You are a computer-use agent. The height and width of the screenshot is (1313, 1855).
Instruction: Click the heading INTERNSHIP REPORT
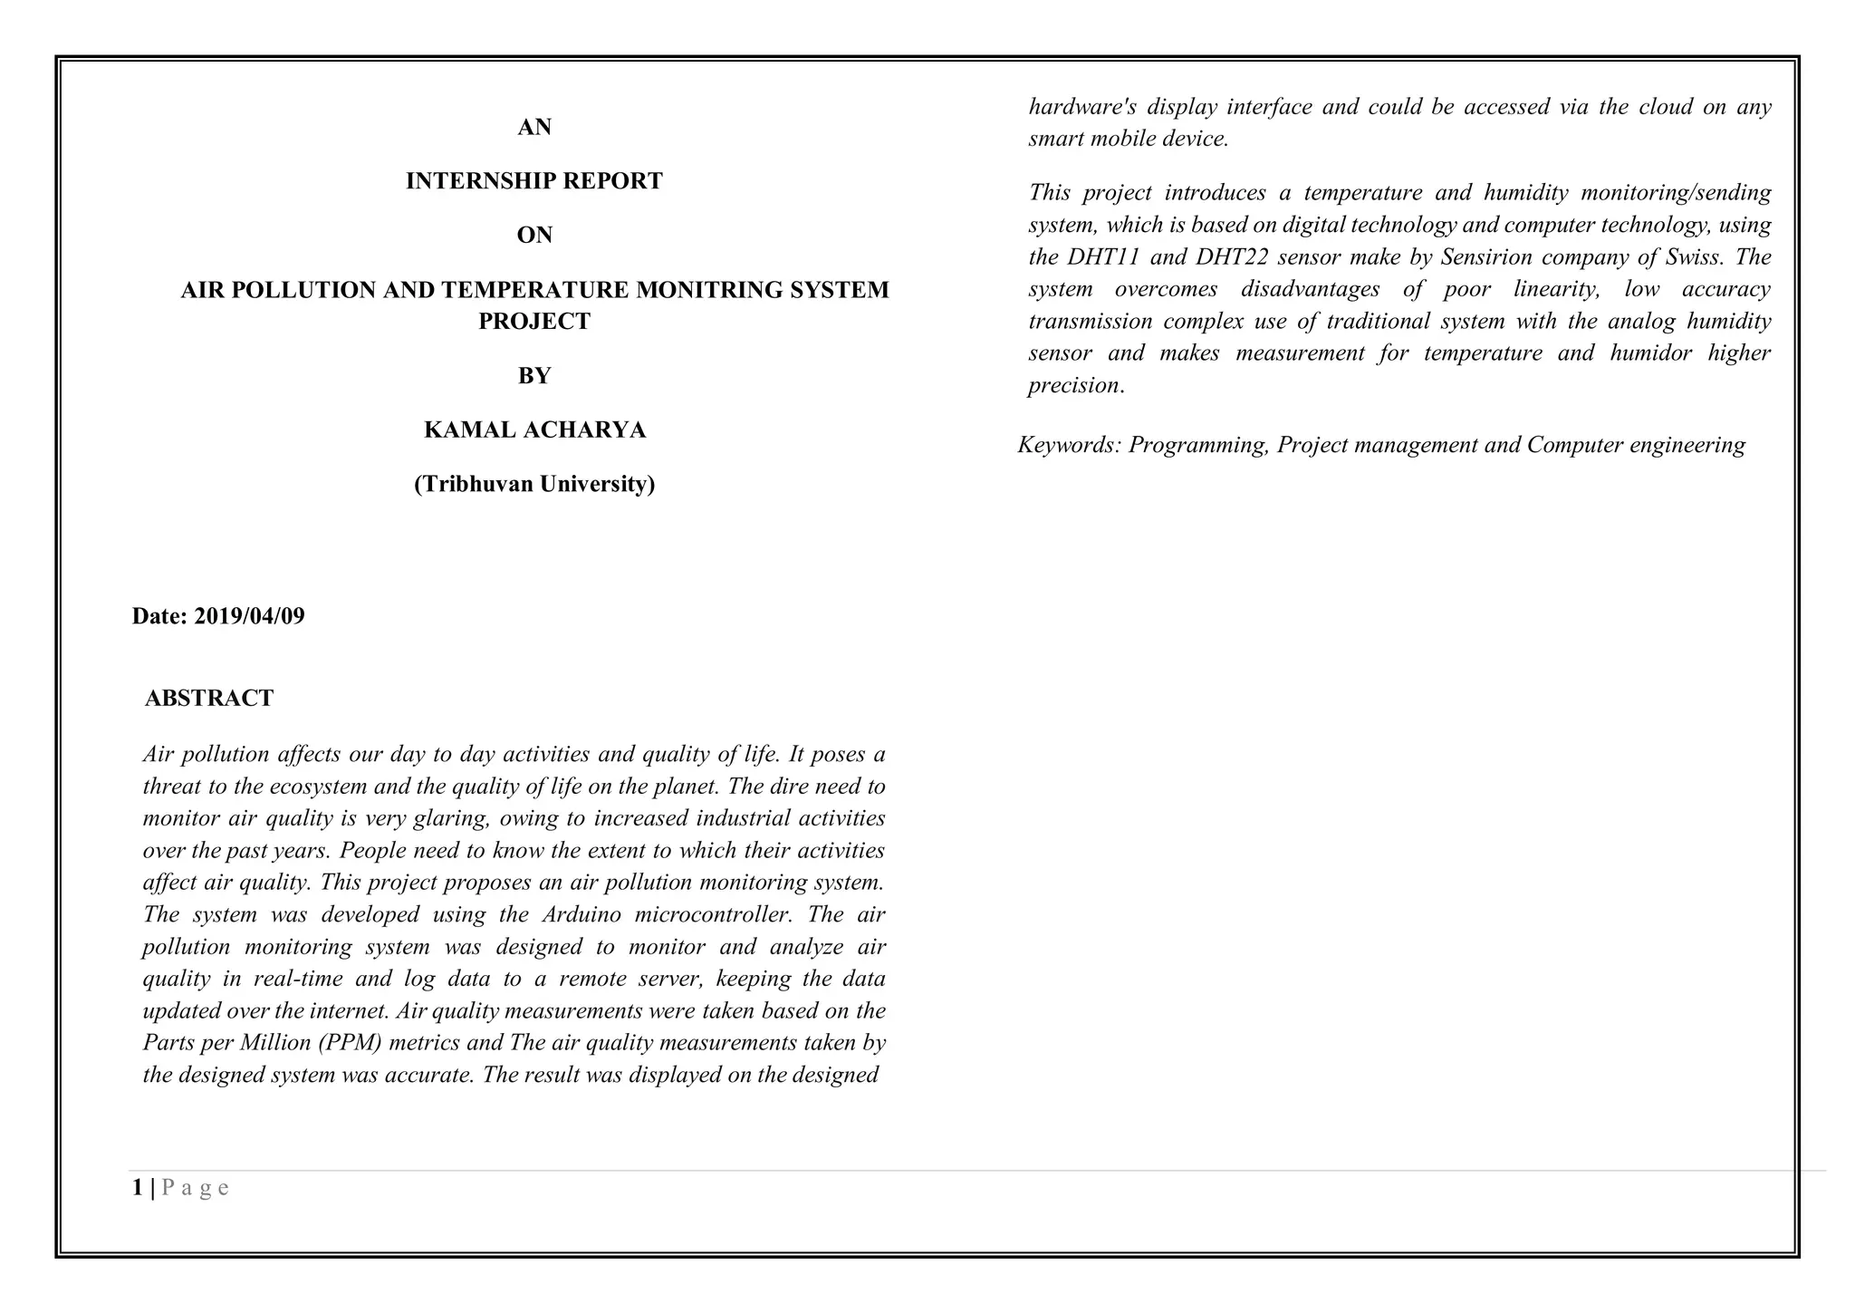(533, 181)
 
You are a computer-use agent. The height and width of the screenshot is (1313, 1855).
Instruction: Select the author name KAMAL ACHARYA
(534, 430)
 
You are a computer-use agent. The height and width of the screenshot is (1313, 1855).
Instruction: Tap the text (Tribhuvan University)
(534, 484)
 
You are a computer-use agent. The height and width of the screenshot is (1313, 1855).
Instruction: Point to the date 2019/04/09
(249, 616)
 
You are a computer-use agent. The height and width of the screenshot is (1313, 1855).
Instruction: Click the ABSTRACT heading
(208, 698)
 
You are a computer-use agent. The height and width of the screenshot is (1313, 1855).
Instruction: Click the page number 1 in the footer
(137, 1188)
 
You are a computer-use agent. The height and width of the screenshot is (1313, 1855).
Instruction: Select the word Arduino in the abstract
(581, 914)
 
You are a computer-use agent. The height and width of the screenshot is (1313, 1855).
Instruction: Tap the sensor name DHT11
(1102, 257)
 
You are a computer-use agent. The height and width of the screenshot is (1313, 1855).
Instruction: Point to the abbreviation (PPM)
(352, 1043)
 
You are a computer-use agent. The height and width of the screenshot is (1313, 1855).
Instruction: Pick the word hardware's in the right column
(1081, 107)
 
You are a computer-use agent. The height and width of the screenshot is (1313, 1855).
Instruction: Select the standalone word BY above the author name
(534, 376)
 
